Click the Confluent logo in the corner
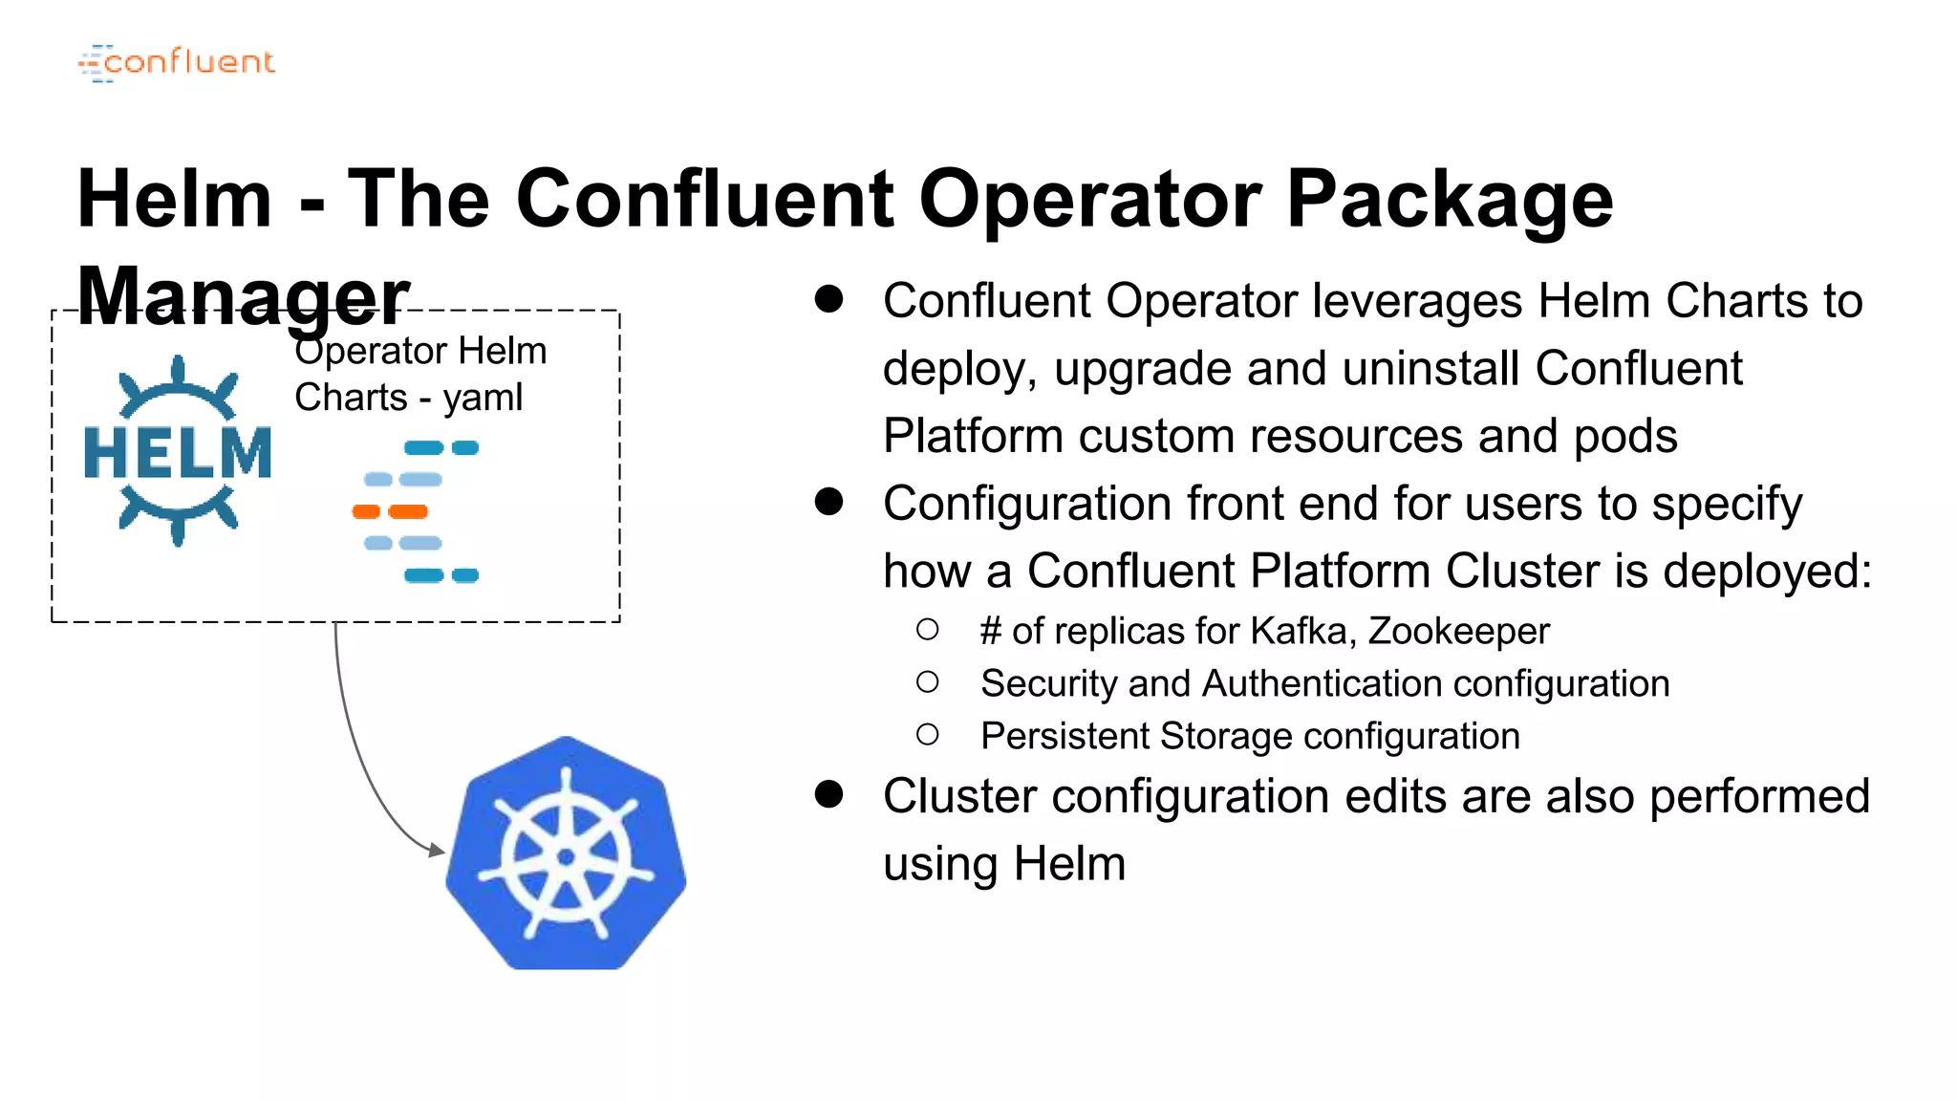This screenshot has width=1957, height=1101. pos(177,63)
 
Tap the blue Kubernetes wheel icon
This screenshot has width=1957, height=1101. pos(566,853)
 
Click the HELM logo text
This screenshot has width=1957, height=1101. pos(178,452)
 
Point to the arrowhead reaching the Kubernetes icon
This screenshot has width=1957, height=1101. pos(438,850)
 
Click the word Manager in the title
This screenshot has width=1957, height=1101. pos(243,296)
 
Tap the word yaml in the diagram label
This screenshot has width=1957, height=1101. pos(483,398)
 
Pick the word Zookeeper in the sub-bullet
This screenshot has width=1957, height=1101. pos(1458,631)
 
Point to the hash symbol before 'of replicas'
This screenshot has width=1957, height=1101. pos(991,631)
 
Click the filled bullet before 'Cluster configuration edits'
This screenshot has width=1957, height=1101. pos(828,794)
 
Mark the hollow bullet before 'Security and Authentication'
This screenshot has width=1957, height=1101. pos(927,682)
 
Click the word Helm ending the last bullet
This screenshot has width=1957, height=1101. pos(1069,864)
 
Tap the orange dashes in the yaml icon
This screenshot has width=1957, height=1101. pos(391,511)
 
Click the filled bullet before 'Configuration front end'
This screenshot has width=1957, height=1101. pos(828,502)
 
